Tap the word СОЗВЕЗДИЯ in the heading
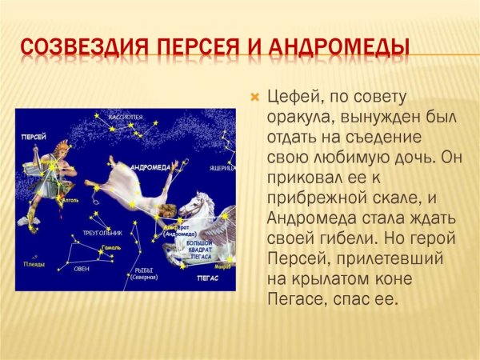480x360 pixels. [71, 47]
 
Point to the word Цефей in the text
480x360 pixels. [290, 98]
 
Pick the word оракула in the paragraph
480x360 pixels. [294, 118]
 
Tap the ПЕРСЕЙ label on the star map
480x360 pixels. [34, 138]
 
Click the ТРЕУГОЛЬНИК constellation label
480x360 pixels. [102, 233]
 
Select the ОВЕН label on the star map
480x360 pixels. [82, 269]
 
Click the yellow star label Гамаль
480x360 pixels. [111, 250]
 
